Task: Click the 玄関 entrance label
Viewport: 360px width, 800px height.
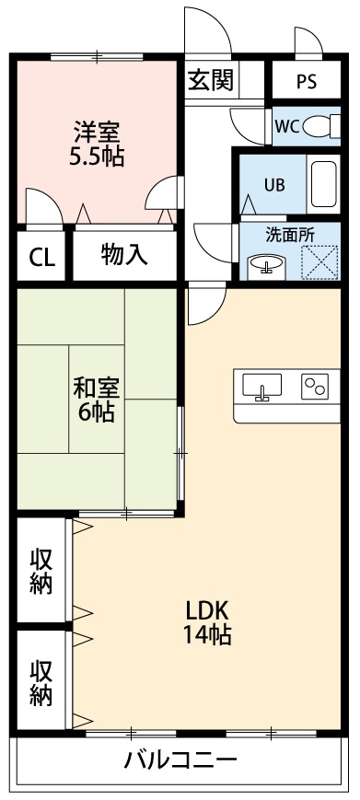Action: click(211, 80)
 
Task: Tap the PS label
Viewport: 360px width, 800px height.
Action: click(306, 81)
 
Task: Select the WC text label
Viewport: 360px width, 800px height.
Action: click(285, 127)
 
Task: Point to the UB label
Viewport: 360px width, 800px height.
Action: click(274, 183)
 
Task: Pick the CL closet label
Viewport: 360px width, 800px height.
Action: click(41, 257)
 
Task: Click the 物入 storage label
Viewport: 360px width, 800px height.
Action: click(124, 254)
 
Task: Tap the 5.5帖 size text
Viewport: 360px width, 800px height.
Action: click(97, 156)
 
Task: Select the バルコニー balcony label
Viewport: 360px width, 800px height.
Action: click(180, 760)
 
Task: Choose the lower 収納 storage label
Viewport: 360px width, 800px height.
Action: click(41, 682)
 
